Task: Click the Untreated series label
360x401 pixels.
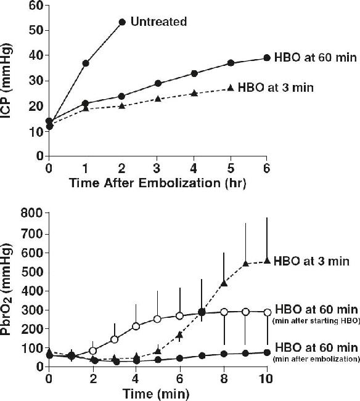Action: click(158, 22)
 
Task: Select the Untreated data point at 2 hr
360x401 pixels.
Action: click(122, 22)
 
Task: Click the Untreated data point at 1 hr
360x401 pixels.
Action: click(86, 63)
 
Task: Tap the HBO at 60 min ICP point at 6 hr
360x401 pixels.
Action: click(267, 58)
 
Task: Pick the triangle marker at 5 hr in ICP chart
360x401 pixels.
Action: click(231, 87)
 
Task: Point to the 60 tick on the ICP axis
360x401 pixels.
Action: click(35, 6)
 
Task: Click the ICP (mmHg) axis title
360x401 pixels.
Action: click(7, 81)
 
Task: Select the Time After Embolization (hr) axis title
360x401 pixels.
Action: click(158, 184)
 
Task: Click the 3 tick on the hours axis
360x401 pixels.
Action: click(158, 169)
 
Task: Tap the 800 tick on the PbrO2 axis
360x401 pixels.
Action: click(32, 213)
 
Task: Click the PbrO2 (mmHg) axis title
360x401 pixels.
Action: click(7, 290)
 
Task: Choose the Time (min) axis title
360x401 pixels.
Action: click(156, 394)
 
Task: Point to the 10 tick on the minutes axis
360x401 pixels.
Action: click(266, 379)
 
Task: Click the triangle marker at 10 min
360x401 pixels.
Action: click(267, 261)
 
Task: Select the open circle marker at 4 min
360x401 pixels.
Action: click(136, 326)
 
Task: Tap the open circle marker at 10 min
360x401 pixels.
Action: click(268, 312)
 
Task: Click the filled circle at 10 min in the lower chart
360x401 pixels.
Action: click(267, 352)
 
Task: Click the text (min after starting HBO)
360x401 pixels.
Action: click(316, 321)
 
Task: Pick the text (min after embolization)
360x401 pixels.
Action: click(316, 359)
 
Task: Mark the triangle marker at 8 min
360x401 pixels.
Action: click(224, 283)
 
